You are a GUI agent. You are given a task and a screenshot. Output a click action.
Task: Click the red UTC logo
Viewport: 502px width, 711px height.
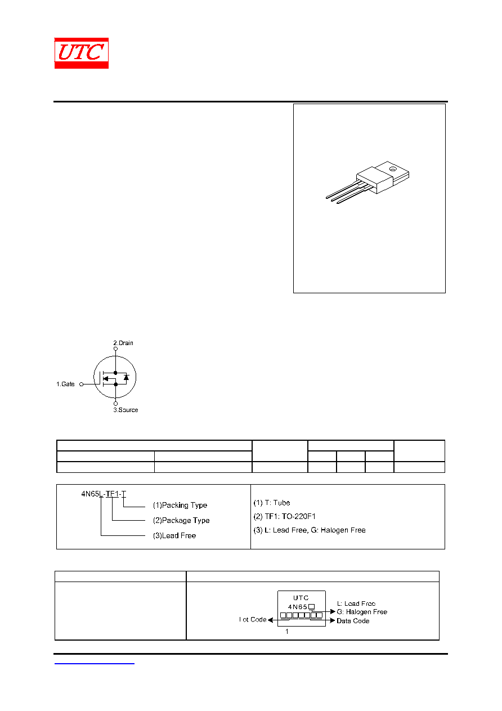click(82, 53)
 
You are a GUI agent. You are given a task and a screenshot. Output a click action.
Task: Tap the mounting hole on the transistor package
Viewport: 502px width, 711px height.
click(392, 169)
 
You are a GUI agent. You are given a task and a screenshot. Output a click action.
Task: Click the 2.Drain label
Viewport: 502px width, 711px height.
click(123, 343)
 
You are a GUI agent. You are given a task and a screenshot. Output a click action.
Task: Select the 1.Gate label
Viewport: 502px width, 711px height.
click(65, 384)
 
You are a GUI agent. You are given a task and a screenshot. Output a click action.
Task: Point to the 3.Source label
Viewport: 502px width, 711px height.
click(125, 410)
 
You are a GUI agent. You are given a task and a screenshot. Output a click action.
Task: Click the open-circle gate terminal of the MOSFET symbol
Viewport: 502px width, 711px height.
click(81, 384)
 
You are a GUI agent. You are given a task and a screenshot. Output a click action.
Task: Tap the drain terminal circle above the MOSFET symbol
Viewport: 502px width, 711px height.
click(115, 348)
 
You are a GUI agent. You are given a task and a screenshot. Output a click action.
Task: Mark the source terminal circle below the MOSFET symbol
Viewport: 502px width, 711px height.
click(115, 404)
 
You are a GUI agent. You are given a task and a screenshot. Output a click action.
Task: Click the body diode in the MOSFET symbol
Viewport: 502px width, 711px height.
click(126, 378)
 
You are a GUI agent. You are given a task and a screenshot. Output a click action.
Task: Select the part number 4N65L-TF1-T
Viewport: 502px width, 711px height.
click(104, 494)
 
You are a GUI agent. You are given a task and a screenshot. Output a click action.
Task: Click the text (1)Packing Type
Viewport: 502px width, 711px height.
click(180, 505)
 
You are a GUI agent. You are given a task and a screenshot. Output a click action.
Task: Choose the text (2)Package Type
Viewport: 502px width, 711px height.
click(181, 520)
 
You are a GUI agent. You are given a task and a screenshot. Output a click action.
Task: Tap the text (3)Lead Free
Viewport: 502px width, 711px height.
click(174, 535)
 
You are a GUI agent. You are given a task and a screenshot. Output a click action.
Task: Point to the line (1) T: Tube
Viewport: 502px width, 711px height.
click(272, 503)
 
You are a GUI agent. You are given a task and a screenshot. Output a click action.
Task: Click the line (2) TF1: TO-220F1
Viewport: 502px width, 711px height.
click(284, 516)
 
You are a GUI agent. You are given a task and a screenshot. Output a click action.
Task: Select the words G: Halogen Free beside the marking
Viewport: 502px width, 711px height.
click(362, 612)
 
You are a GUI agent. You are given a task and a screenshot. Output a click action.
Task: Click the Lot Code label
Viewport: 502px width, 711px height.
click(253, 620)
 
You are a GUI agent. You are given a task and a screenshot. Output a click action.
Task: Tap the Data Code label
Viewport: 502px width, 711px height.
click(353, 621)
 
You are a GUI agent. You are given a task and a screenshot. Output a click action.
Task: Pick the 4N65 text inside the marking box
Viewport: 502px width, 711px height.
click(298, 607)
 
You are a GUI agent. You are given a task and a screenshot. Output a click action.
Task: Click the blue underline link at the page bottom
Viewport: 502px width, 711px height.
click(95, 663)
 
